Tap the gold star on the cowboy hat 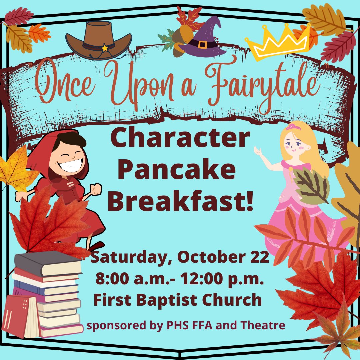point(105,48)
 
